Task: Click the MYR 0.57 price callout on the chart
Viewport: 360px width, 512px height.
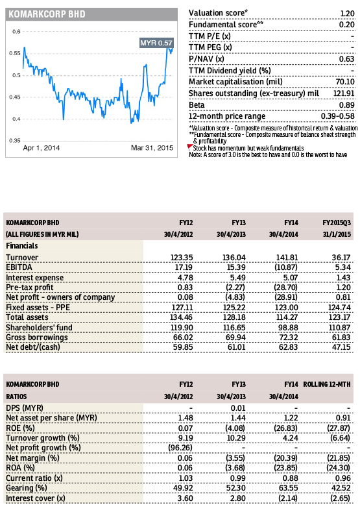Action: click(156, 43)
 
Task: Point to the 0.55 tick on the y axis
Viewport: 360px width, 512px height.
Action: click(15, 53)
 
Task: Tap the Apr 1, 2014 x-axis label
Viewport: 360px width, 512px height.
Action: click(42, 147)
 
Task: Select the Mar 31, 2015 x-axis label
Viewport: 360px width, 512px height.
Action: click(152, 147)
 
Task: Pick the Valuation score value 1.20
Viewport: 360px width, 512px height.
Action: click(347, 14)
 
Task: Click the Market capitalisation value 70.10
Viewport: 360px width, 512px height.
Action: click(345, 82)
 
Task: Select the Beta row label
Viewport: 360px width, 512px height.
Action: click(197, 105)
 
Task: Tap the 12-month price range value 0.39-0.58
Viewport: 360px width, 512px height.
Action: click(337, 116)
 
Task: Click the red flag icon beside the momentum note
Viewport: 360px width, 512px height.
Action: click(189, 147)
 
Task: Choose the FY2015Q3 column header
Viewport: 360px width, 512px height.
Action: click(337, 223)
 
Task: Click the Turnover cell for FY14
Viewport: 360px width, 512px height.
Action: click(287, 258)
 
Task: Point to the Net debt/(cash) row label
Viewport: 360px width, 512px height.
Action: click(33, 347)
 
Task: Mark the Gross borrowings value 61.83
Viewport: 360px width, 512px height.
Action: click(341, 337)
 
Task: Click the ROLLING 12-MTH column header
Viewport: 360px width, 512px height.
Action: click(327, 384)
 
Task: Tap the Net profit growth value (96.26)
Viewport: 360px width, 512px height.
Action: click(180, 448)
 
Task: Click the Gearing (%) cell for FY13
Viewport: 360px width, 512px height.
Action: click(236, 488)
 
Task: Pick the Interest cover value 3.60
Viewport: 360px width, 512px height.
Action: click(185, 498)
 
